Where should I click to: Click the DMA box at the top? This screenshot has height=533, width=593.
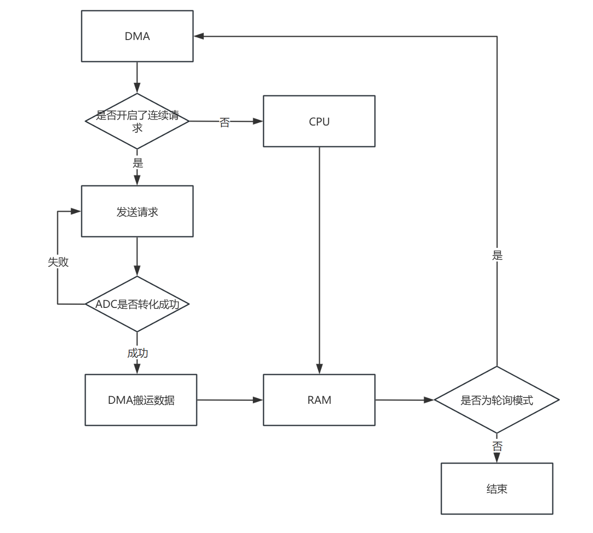pyautogui.click(x=137, y=36)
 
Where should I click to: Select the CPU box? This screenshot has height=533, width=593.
pyautogui.click(x=319, y=121)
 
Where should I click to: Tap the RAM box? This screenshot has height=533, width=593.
pyautogui.click(x=319, y=400)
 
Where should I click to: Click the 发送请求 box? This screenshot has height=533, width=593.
pyautogui.click(x=137, y=211)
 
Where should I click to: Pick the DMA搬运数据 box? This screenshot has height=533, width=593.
pyautogui.click(x=141, y=400)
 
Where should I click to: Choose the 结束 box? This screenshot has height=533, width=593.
pyautogui.click(x=497, y=489)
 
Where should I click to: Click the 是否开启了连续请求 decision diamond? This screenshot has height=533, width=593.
pyautogui.click(x=137, y=121)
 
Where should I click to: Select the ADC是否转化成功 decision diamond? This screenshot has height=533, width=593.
pyautogui.click(x=137, y=304)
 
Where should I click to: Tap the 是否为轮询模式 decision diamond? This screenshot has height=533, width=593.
pyautogui.click(x=497, y=400)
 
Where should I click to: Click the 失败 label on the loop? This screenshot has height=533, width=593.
pyautogui.click(x=58, y=262)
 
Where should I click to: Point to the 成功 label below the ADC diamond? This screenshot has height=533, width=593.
pyautogui.click(x=137, y=353)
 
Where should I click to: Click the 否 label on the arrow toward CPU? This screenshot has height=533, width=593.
pyautogui.click(x=225, y=122)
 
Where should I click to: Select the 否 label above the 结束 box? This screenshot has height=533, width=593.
pyautogui.click(x=497, y=447)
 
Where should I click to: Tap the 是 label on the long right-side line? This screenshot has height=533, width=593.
pyautogui.click(x=497, y=256)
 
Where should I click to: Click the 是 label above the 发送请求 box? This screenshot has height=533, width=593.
pyautogui.click(x=137, y=163)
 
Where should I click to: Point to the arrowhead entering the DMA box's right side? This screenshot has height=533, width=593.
pyautogui.click(x=199, y=36)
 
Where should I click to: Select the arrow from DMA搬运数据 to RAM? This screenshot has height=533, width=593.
pyautogui.click(x=230, y=400)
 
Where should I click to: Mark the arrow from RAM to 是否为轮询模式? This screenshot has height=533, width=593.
pyautogui.click(x=404, y=400)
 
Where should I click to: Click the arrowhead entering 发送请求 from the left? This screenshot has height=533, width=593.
pyautogui.click(x=76, y=211)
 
